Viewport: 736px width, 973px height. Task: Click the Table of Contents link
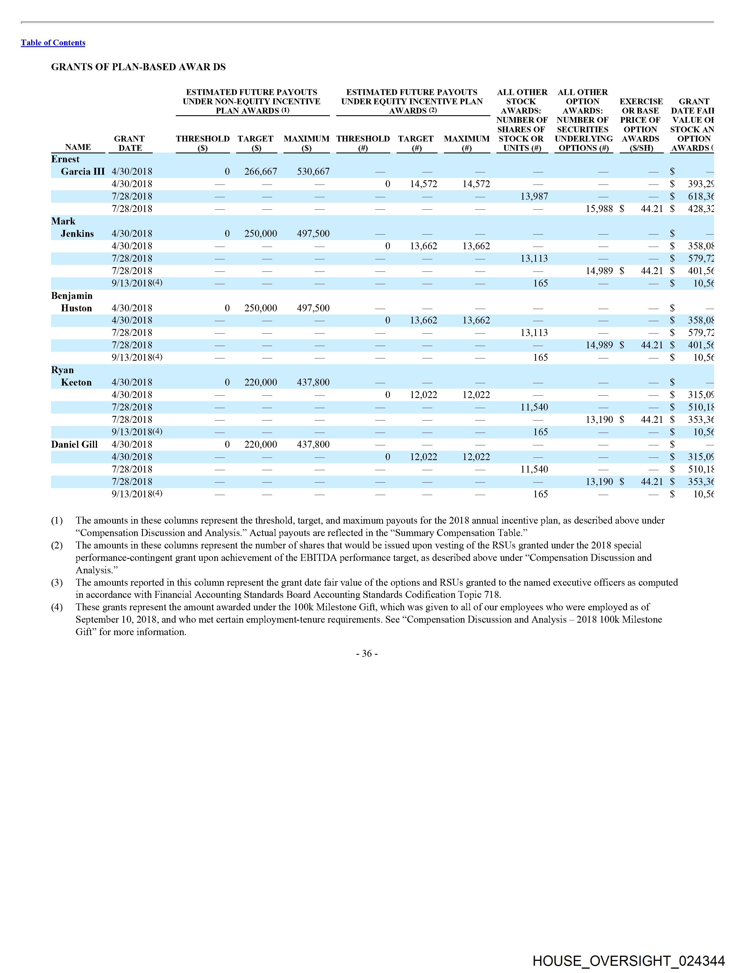point(53,43)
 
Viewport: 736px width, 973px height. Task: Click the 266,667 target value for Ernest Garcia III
point(261,172)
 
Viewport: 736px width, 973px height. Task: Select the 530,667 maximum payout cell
point(313,172)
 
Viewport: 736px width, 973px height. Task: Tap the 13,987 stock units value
point(534,196)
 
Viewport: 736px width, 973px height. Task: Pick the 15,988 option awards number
point(599,209)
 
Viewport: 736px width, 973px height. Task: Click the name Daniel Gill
point(74,444)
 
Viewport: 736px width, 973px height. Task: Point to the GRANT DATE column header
point(130,144)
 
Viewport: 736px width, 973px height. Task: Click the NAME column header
point(78,147)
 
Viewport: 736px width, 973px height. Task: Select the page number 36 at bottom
point(367,654)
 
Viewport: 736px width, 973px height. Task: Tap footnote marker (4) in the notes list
point(57,607)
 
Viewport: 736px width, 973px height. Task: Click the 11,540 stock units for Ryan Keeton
point(534,407)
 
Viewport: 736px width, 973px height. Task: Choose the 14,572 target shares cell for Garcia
point(423,184)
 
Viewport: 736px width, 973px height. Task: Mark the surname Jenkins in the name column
point(77,234)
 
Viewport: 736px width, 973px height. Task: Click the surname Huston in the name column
point(76,308)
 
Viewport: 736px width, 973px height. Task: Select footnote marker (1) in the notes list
point(57,521)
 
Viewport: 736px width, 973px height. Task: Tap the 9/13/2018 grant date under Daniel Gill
point(132,494)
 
